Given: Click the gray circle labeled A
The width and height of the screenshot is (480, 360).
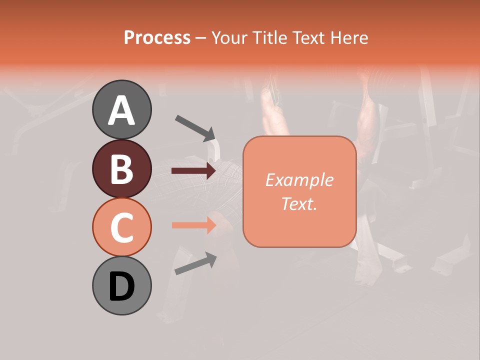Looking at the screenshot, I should tap(121, 109).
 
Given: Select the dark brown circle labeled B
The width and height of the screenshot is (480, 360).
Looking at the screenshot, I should tap(121, 168).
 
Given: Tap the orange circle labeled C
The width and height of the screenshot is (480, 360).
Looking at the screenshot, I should tap(121, 227).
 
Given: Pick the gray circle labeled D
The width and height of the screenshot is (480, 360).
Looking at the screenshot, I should tap(121, 285).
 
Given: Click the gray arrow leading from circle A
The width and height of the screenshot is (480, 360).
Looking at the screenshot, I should tap(195, 128).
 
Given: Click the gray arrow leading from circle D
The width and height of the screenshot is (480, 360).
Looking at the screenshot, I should tap(195, 264).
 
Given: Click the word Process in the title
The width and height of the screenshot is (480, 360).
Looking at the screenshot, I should tap(157, 37).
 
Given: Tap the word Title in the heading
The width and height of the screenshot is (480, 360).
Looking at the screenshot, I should tap(270, 37).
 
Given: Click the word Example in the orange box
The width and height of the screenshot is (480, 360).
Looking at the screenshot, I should tap(299, 180).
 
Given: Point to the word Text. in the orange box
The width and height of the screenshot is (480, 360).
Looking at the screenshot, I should tap(299, 204).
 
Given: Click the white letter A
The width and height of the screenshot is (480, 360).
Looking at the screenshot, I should tap(121, 110).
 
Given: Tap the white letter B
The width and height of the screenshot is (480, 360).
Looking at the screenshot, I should tap(121, 169).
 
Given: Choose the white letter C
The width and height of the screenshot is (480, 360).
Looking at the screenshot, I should tap(121, 227).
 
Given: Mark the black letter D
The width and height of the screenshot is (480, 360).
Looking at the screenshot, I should tap(121, 286).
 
